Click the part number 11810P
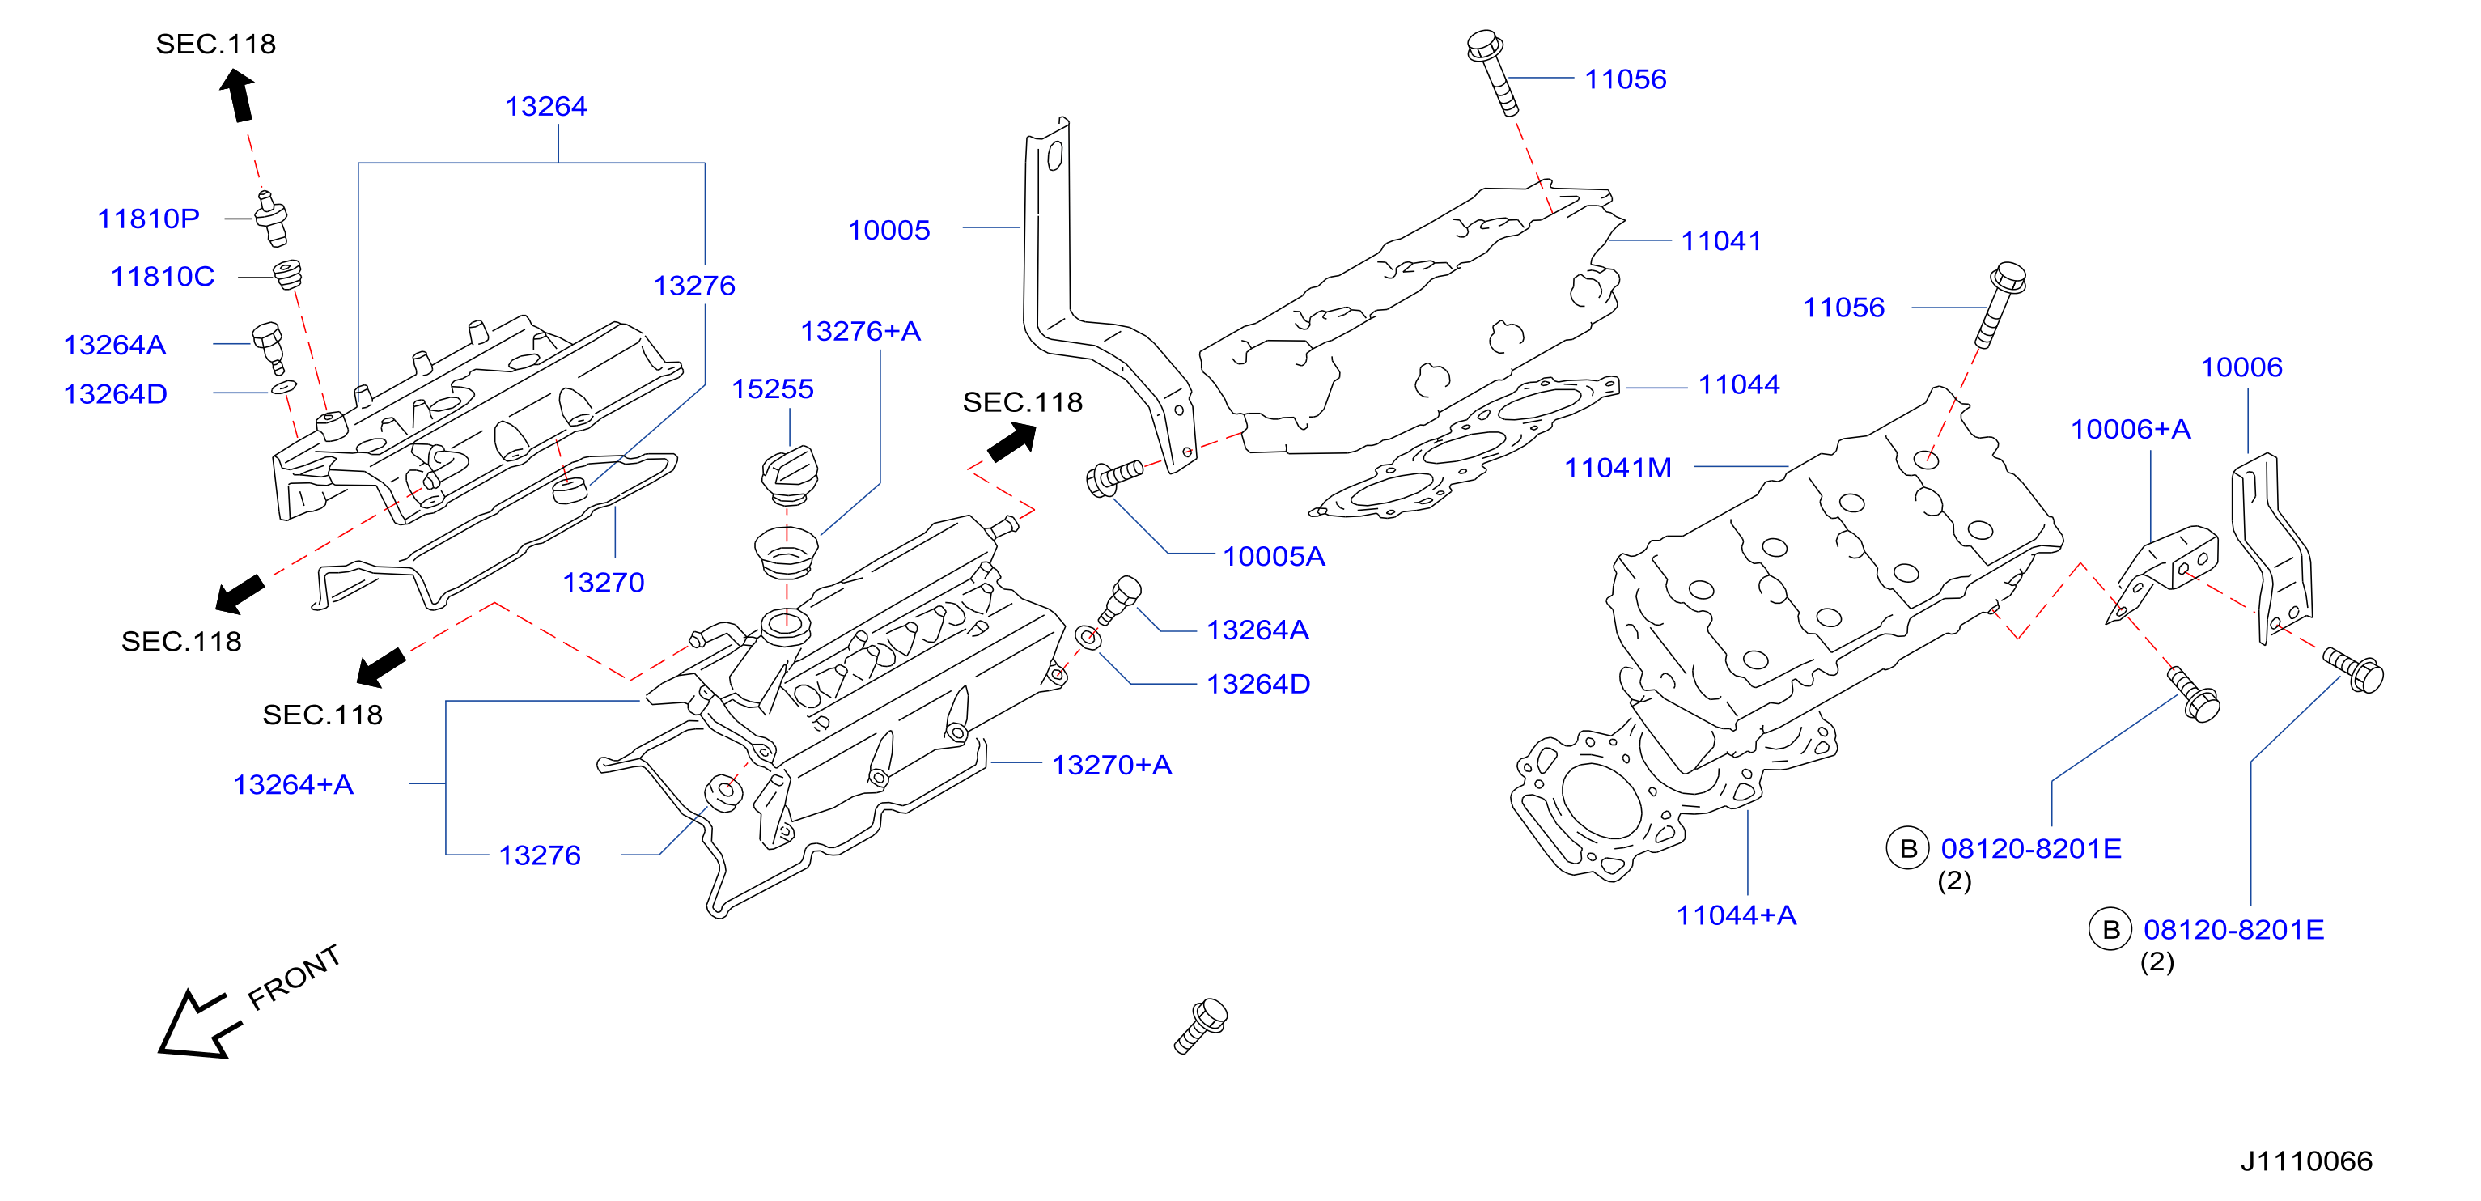coord(148,219)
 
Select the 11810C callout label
coord(162,277)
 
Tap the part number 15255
coord(773,389)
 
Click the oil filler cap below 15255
coord(789,475)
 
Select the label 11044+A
coord(1736,916)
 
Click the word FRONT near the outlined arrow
coord(294,977)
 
